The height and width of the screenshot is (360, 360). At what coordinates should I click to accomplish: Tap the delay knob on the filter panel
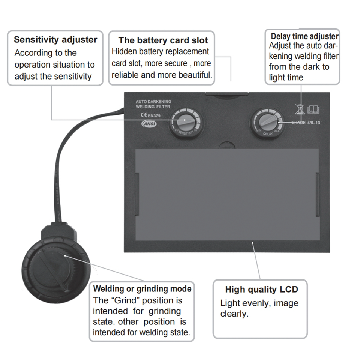coord(267,122)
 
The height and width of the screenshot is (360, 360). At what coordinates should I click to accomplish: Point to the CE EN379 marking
coord(146,115)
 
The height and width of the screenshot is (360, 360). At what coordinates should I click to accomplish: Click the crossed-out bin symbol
coord(298,109)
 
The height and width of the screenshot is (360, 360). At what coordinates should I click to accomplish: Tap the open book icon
coord(313,109)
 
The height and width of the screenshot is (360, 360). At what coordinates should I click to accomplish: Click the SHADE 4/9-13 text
coord(306,123)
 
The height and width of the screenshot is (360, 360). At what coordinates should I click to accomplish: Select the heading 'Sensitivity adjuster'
coord(55,40)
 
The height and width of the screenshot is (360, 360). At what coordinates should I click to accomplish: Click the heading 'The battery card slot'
coord(163,40)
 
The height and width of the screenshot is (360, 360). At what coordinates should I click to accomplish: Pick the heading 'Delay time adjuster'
coord(304,36)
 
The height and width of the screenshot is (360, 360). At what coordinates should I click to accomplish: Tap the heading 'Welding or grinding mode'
coord(142,289)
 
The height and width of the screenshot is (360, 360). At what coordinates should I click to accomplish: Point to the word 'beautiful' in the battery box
coord(195,75)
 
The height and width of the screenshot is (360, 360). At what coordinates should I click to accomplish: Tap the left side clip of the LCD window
coord(137,195)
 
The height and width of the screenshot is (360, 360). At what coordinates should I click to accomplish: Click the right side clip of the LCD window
coord(318,195)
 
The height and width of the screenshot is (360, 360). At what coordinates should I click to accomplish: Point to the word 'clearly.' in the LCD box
coord(234,314)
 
